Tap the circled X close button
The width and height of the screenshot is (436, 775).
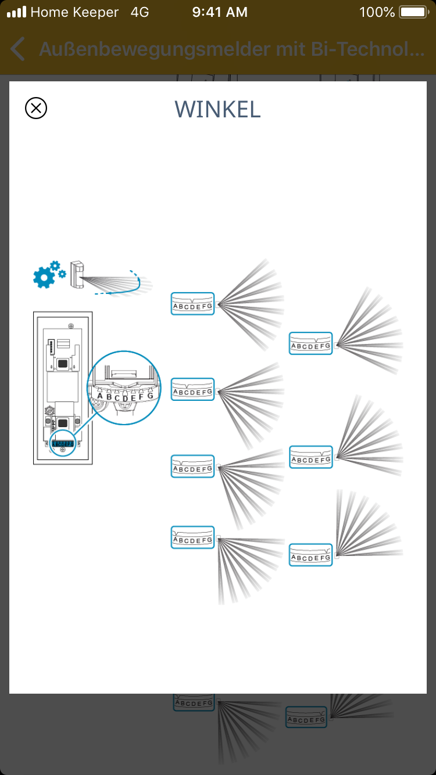pos(36,108)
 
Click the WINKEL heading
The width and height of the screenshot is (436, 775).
pos(217,109)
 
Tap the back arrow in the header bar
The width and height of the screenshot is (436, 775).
pos(18,49)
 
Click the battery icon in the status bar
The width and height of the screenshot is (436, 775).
pos(413,12)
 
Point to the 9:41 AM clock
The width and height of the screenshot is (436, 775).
pos(220,12)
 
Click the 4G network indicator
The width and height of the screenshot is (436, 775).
pos(140,12)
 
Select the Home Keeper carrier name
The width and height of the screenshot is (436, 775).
pos(74,12)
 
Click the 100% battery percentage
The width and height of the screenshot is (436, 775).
pos(377,12)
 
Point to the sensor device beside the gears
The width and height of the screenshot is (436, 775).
pos(77,274)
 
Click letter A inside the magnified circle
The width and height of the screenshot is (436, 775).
pos(100,396)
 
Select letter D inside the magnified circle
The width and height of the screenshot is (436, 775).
pos(125,399)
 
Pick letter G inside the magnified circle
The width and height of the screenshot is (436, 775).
pos(150,396)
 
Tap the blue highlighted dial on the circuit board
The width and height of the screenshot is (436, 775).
pos(62,444)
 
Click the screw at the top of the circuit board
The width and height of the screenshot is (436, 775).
pos(70,324)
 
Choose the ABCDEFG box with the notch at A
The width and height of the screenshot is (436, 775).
pos(193,538)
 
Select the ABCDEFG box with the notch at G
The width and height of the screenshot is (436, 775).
pos(311,555)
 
